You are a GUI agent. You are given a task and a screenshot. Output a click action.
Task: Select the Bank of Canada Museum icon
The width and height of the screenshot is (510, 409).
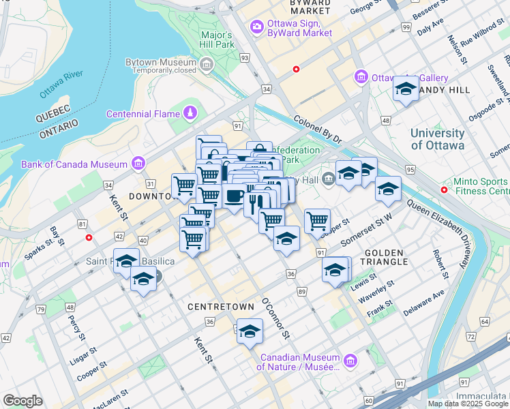click(x=138, y=164)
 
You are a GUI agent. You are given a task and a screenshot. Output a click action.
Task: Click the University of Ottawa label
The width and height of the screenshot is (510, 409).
click(x=437, y=139)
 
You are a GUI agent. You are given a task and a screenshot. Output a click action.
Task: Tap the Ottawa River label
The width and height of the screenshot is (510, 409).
click(x=61, y=82)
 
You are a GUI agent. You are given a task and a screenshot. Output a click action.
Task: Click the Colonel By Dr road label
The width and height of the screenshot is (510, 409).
click(x=318, y=129)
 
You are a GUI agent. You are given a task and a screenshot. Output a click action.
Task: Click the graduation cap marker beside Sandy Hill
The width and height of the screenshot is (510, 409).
click(x=406, y=88)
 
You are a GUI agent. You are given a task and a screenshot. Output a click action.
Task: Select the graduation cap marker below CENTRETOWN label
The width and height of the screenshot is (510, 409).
click(x=250, y=331)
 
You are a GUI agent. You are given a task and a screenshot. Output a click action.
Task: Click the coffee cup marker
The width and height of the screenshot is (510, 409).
click(x=235, y=197)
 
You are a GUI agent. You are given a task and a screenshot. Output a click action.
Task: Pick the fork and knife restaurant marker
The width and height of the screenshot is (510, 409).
click(x=256, y=202)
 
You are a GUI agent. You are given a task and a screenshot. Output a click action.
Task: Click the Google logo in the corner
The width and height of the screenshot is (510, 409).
click(x=22, y=401)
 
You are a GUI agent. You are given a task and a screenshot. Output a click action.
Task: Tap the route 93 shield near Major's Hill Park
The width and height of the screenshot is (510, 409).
click(x=244, y=59)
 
